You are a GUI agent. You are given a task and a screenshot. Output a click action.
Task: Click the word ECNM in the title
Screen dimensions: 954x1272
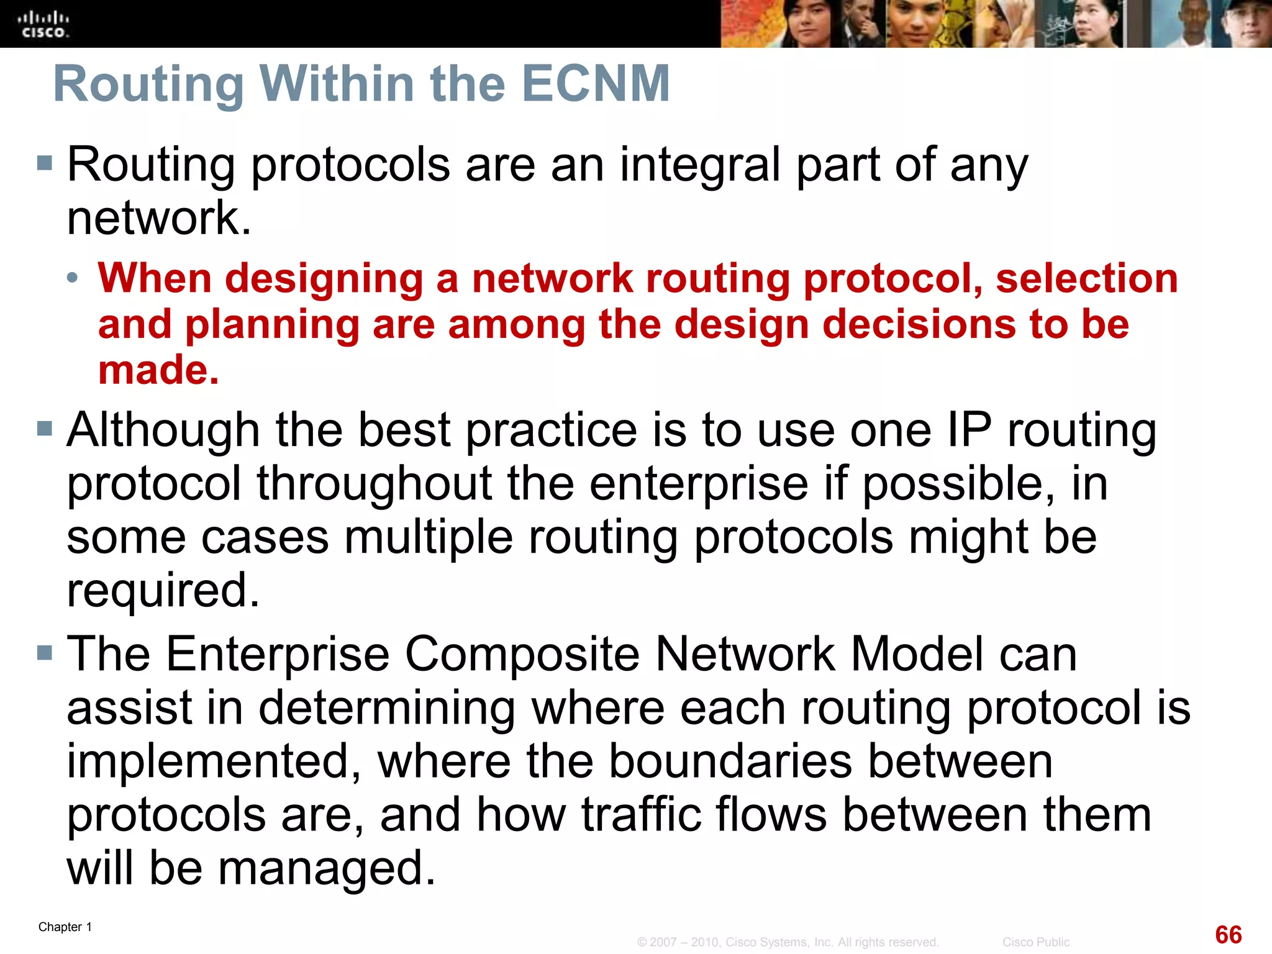point(596,84)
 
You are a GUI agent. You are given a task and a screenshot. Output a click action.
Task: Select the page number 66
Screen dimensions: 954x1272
point(1228,935)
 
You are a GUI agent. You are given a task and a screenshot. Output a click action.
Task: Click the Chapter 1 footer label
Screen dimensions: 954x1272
point(65,927)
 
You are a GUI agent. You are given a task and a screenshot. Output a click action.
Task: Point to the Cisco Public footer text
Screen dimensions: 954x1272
point(1035,942)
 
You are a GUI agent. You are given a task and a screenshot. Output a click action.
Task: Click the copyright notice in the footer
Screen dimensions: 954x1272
point(788,942)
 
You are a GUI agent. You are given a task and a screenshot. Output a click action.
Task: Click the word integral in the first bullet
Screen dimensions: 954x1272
point(700,165)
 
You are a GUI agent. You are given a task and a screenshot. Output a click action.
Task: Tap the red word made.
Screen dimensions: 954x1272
point(158,370)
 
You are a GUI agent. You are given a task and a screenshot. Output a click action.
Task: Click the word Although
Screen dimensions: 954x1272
point(163,430)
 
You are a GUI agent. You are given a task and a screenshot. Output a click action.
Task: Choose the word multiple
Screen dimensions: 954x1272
point(429,537)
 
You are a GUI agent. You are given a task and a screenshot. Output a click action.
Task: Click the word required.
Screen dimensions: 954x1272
point(163,590)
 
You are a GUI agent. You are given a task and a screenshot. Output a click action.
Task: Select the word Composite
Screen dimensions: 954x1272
point(523,654)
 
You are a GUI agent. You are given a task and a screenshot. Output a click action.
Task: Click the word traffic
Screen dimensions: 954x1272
point(642,815)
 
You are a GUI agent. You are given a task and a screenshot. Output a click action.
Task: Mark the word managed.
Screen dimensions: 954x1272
point(327,868)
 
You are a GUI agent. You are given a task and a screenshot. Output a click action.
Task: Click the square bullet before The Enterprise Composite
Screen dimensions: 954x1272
point(44,652)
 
